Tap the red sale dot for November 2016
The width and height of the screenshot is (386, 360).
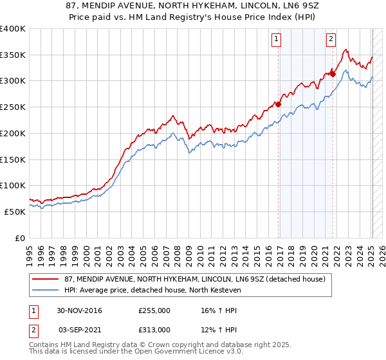[279, 104]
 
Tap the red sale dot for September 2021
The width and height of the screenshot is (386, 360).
[333, 73]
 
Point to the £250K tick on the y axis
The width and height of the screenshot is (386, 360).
[13, 107]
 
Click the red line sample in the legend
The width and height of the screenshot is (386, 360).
[45, 279]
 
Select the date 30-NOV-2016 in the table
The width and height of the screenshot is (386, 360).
[79, 310]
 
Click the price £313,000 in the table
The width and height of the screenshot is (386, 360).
[154, 329]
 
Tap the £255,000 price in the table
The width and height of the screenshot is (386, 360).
[154, 310]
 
